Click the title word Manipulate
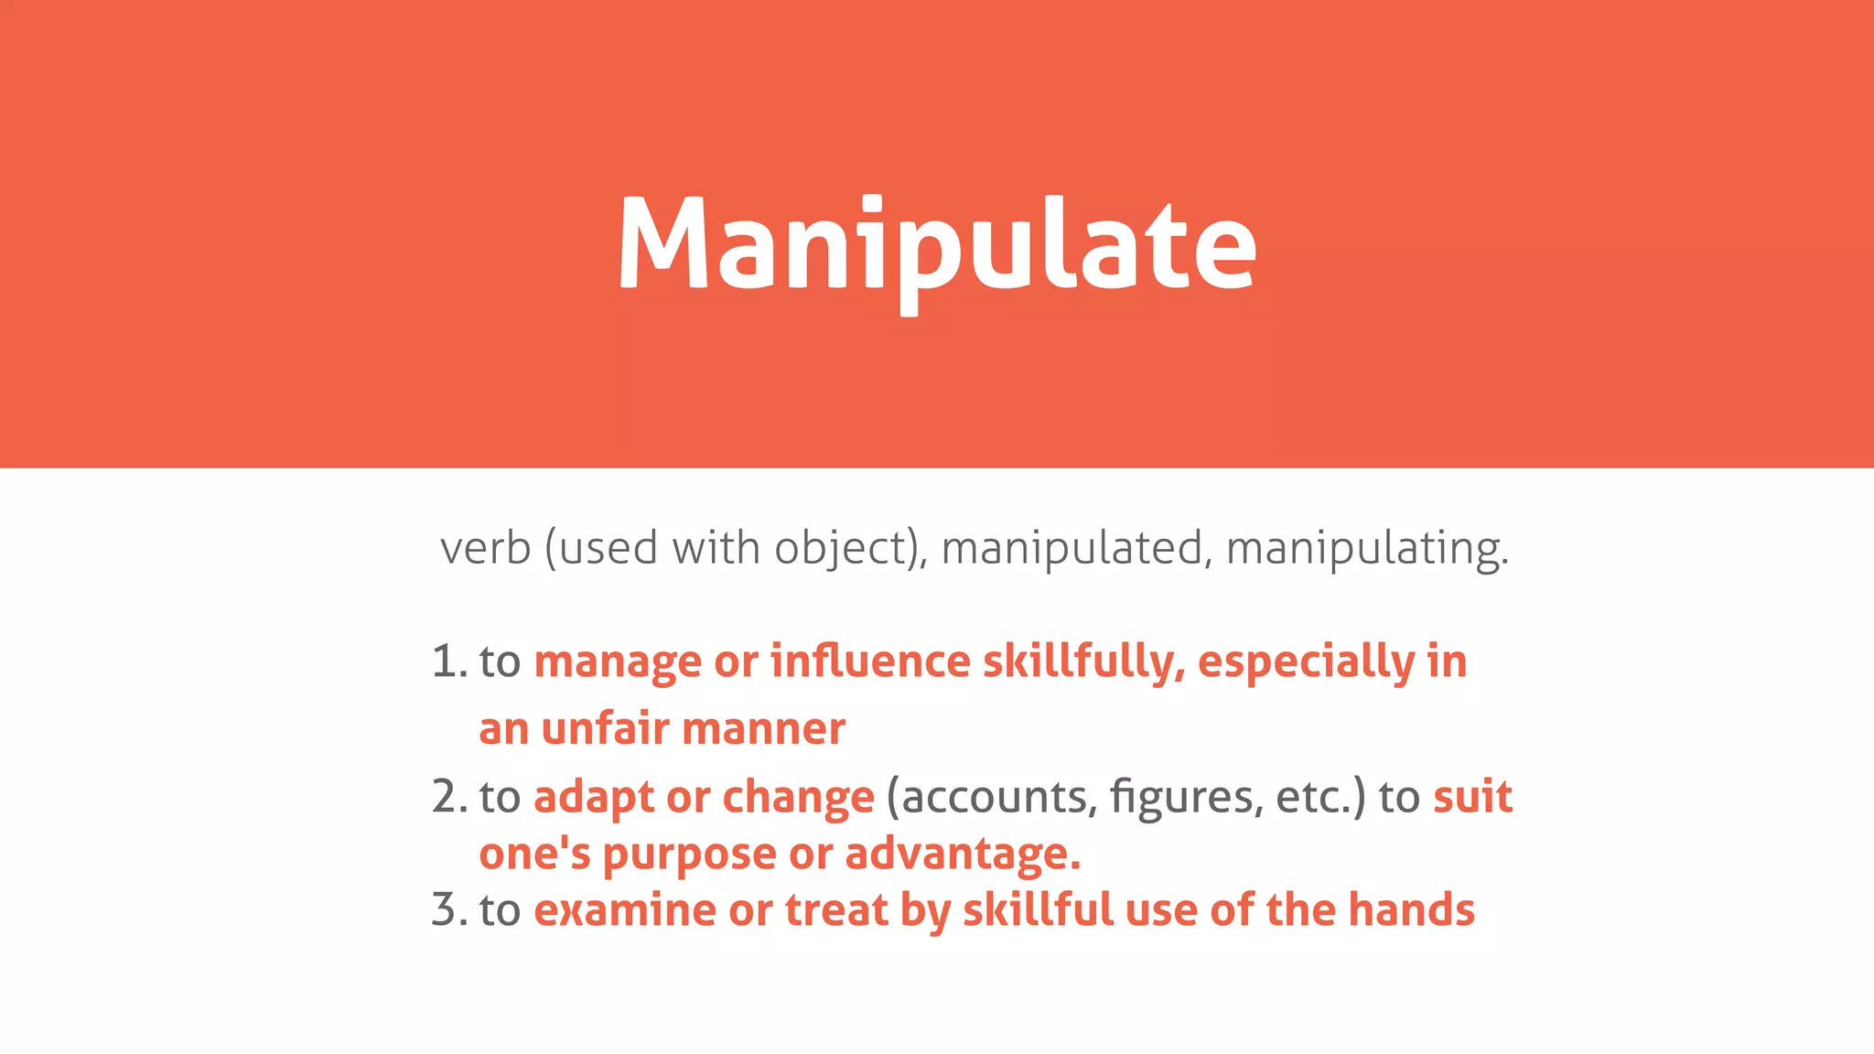pyautogui.click(x=937, y=245)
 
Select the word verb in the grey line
pyautogui.click(x=485, y=549)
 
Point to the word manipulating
pyautogui.click(x=1365, y=549)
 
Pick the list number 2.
pyautogui.click(x=447, y=797)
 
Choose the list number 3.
pyautogui.click(x=447, y=910)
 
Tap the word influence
pyautogui.click(x=870, y=661)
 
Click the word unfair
pyautogui.click(x=606, y=729)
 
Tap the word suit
pyautogui.click(x=1472, y=797)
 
